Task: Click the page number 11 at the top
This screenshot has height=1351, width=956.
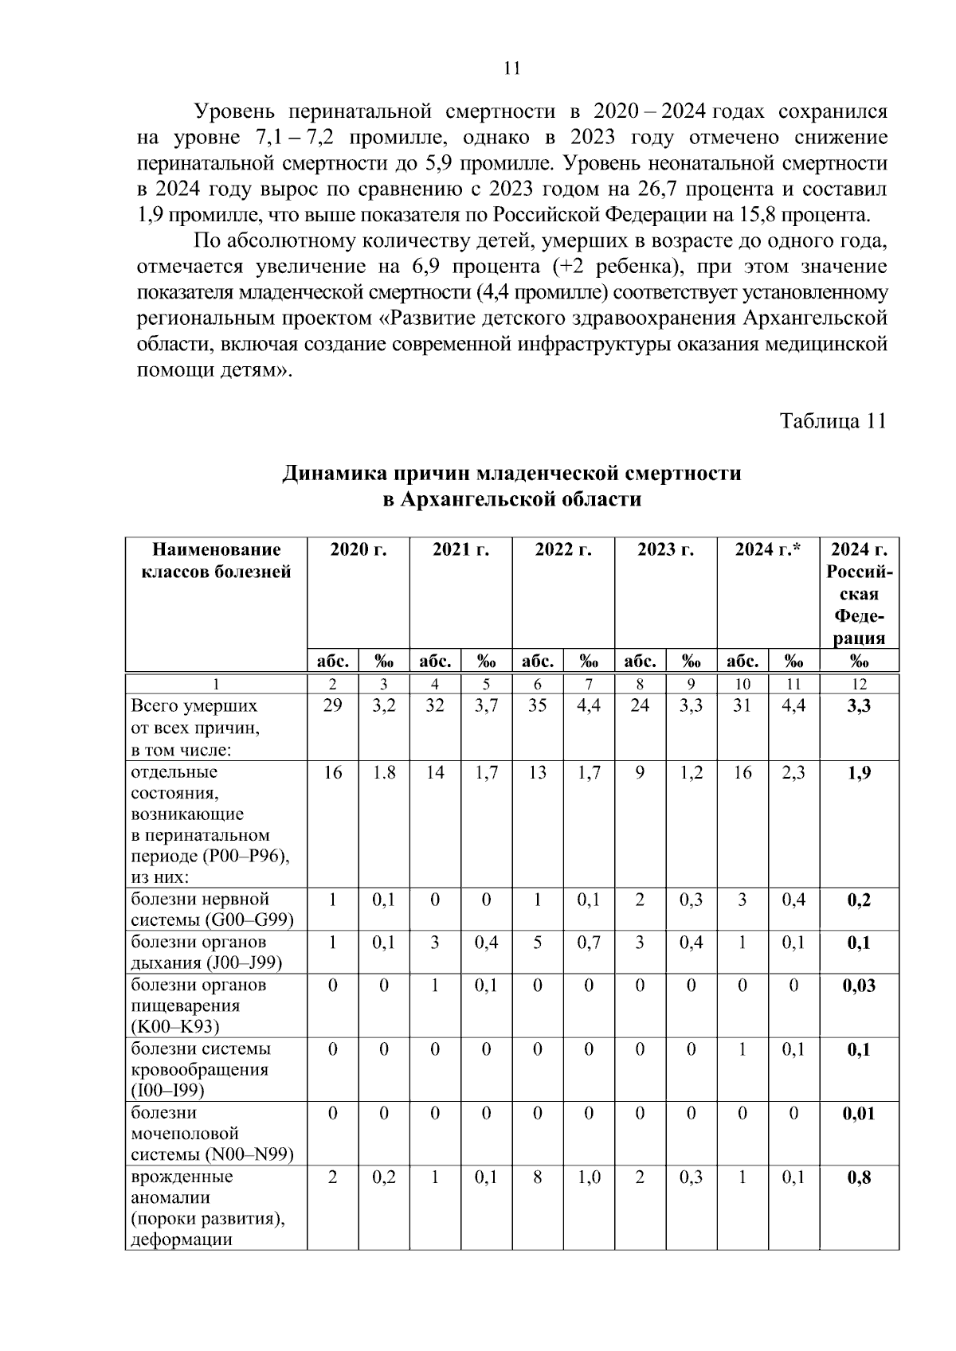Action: [x=512, y=68]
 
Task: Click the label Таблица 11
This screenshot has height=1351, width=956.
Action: [x=833, y=420]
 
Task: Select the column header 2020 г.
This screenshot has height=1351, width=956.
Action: [x=358, y=549]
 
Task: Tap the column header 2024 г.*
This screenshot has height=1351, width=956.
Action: [x=768, y=549]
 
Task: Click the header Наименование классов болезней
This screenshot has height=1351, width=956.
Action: [x=216, y=560]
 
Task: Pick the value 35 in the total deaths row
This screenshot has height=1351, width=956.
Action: [x=537, y=705]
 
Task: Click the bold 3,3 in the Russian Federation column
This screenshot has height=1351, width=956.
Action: [x=859, y=705]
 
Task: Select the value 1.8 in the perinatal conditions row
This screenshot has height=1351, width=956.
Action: [x=383, y=772]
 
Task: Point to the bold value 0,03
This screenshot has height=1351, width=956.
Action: [x=859, y=985]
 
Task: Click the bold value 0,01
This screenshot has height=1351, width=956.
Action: [x=859, y=1113]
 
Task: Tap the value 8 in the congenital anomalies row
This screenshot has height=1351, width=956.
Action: [x=537, y=1177]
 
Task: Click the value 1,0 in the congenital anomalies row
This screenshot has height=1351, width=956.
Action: [x=589, y=1177]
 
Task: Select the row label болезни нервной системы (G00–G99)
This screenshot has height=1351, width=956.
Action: [x=212, y=910]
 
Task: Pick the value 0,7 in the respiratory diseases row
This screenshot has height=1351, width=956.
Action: [x=589, y=943]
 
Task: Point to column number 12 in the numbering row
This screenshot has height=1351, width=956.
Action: [x=859, y=684]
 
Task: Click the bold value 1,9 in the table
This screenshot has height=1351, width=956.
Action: [x=859, y=772]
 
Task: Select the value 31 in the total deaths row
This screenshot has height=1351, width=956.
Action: [x=742, y=705]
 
